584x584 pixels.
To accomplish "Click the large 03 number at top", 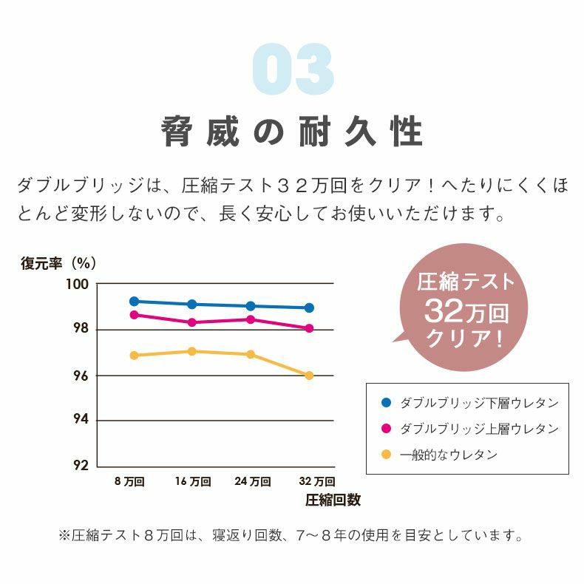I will coord(292,71).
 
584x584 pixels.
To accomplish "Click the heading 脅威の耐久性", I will coord(292,133).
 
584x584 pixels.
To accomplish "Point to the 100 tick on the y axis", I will coord(80,285).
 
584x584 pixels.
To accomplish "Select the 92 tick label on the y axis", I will coord(80,466).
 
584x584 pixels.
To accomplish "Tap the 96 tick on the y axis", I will coord(80,376).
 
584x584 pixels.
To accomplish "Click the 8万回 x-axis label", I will coord(129,482).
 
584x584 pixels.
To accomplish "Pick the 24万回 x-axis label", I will coord(252,482).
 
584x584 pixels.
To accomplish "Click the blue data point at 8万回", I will coord(134,302).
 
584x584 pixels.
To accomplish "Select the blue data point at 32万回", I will coord(309,308).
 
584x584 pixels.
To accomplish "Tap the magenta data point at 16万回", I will coord(192,322).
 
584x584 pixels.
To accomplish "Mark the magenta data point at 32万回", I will coord(309,328).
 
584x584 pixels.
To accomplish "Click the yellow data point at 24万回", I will coord(251,354).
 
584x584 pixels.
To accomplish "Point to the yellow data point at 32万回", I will coord(309,376).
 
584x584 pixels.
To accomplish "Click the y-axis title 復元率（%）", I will coord(59,262).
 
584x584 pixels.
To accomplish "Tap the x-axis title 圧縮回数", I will coord(333,500).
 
